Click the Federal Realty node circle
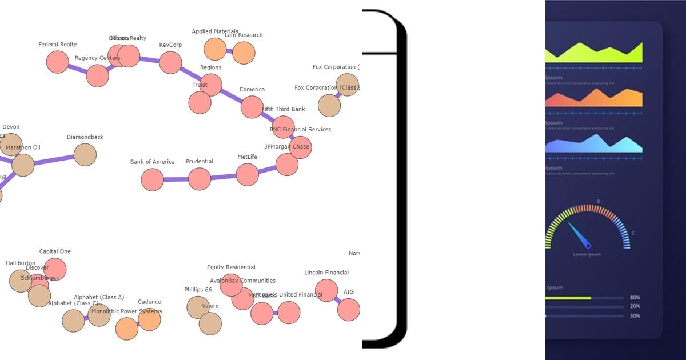click(57, 62)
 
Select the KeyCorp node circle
click(170, 62)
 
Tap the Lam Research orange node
click(244, 53)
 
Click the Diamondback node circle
click(85, 155)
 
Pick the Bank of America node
click(152, 179)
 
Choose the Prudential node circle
click(200, 179)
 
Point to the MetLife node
click(247, 174)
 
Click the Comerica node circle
click(252, 107)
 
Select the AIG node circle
click(349, 310)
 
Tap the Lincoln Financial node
click(326, 290)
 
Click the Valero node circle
click(210, 323)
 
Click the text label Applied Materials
click(215, 31)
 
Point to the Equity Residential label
click(231, 267)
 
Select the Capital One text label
click(55, 251)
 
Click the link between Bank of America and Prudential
click(176, 179)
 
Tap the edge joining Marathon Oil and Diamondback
click(54, 160)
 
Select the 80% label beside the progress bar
click(635, 298)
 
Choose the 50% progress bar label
click(635, 316)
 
